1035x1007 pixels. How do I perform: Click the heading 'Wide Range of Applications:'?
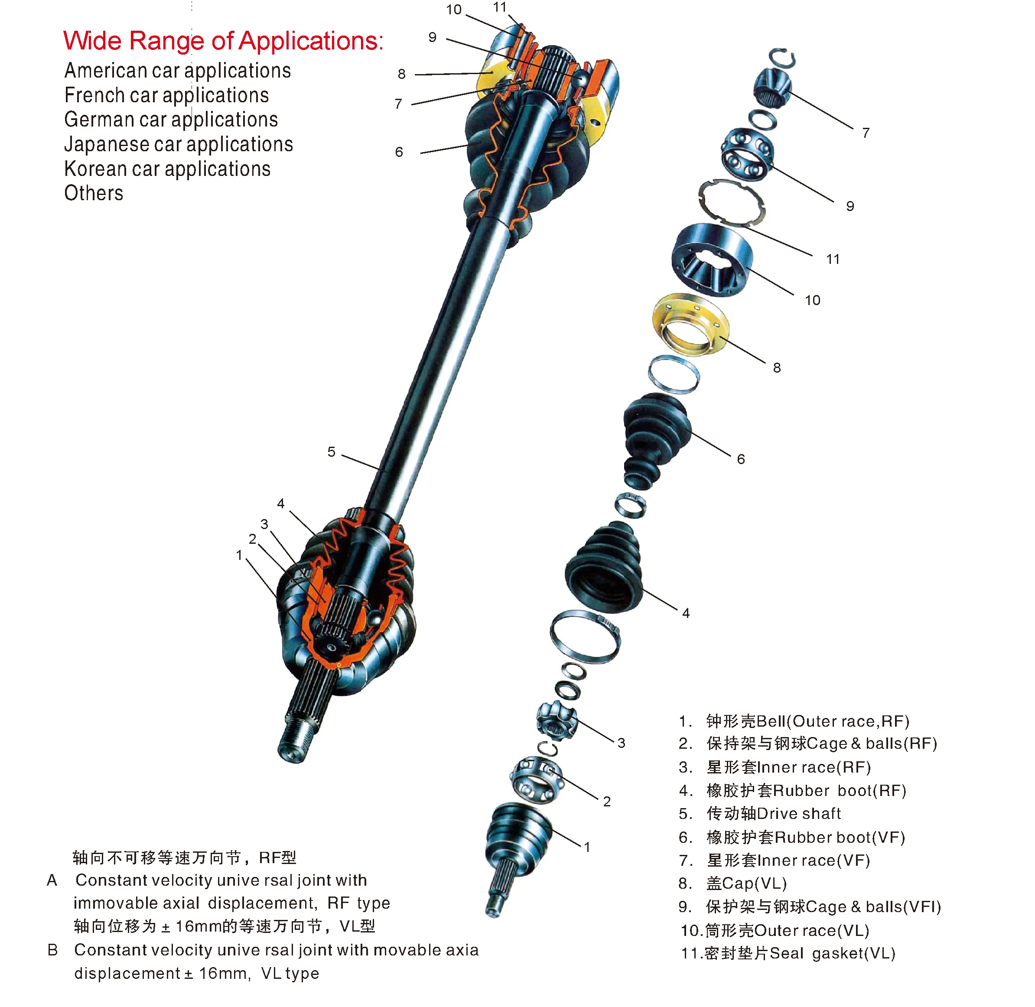click(x=223, y=41)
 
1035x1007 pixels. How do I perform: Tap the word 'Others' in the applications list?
click(x=94, y=194)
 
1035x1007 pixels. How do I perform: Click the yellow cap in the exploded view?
click(x=690, y=324)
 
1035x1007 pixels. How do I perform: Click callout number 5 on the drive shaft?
click(x=331, y=452)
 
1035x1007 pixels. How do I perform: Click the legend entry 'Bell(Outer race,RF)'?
click(x=807, y=721)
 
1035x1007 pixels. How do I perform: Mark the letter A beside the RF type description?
click(x=52, y=880)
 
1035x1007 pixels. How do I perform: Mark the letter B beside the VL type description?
click(x=52, y=950)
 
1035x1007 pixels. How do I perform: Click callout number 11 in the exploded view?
click(x=833, y=259)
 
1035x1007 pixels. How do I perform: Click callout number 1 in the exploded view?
click(x=587, y=847)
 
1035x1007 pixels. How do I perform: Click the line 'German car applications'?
click(x=171, y=120)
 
